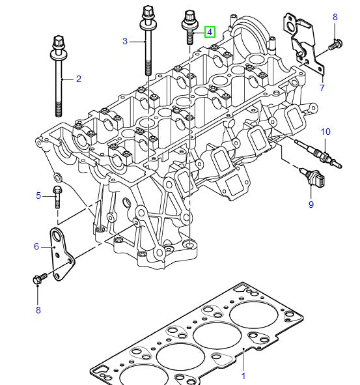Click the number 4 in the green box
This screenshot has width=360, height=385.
(x=210, y=31)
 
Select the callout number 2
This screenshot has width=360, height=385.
(x=78, y=79)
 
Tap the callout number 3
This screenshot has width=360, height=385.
(x=125, y=42)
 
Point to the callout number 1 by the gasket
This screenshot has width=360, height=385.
(x=243, y=376)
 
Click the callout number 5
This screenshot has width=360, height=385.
(x=38, y=195)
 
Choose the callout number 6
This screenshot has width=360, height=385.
(x=36, y=246)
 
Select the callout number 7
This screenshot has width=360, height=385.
(x=322, y=87)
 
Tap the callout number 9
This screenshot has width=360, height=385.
(x=311, y=205)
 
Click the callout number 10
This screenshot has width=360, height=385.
(x=325, y=132)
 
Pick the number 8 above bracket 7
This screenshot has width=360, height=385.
(x=335, y=16)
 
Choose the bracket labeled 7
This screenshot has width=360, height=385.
(x=302, y=39)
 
